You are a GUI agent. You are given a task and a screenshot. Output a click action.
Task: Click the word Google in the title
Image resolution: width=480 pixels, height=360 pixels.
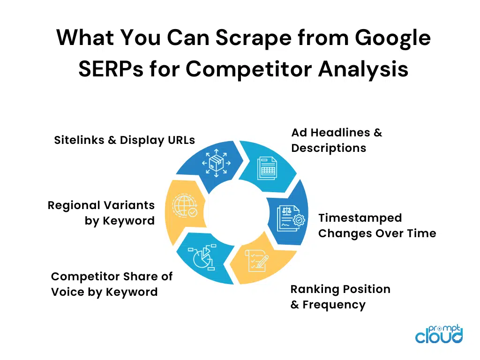pyautogui.click(x=392, y=38)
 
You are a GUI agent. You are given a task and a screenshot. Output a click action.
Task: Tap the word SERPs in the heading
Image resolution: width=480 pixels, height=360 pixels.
pyautogui.click(x=111, y=69)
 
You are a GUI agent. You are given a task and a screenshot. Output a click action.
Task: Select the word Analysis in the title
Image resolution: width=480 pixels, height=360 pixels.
pyautogui.click(x=363, y=70)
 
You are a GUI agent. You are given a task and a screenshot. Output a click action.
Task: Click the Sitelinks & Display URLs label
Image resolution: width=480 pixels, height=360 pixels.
pyautogui.click(x=124, y=140)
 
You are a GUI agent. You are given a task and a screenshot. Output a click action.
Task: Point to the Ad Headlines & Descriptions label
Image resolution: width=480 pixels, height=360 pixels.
pyautogui.click(x=337, y=140)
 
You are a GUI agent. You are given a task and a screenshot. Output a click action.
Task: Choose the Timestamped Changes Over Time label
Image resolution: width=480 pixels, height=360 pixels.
pyautogui.click(x=377, y=225)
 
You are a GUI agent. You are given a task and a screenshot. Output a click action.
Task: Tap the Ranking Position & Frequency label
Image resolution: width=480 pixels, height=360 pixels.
pyautogui.click(x=340, y=297)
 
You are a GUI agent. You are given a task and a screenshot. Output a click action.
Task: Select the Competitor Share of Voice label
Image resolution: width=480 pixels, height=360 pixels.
pyautogui.click(x=112, y=284)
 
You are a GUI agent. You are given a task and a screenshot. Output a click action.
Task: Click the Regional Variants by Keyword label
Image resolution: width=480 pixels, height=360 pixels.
pyautogui.click(x=101, y=213)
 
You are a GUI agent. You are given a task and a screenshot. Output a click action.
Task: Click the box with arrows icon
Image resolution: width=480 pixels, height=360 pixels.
pyautogui.click(x=217, y=163)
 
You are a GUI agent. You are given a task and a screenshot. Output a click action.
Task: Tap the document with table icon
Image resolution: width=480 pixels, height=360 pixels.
pyautogui.click(x=267, y=168)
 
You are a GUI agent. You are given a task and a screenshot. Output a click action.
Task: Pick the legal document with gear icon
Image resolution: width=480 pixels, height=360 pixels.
pyautogui.click(x=291, y=218)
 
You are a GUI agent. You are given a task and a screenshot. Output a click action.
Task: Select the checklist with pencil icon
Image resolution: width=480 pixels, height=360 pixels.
pyautogui.click(x=256, y=260)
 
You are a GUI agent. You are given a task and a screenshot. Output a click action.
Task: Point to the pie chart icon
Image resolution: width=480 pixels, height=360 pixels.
pyautogui.click(x=202, y=257)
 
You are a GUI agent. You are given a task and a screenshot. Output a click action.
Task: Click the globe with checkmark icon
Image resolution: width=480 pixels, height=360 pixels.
pyautogui.click(x=185, y=205)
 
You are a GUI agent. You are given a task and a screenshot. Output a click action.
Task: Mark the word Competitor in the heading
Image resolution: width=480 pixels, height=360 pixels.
pyautogui.click(x=249, y=69)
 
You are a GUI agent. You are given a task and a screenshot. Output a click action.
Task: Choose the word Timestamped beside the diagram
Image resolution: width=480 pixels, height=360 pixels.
pyautogui.click(x=360, y=218)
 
